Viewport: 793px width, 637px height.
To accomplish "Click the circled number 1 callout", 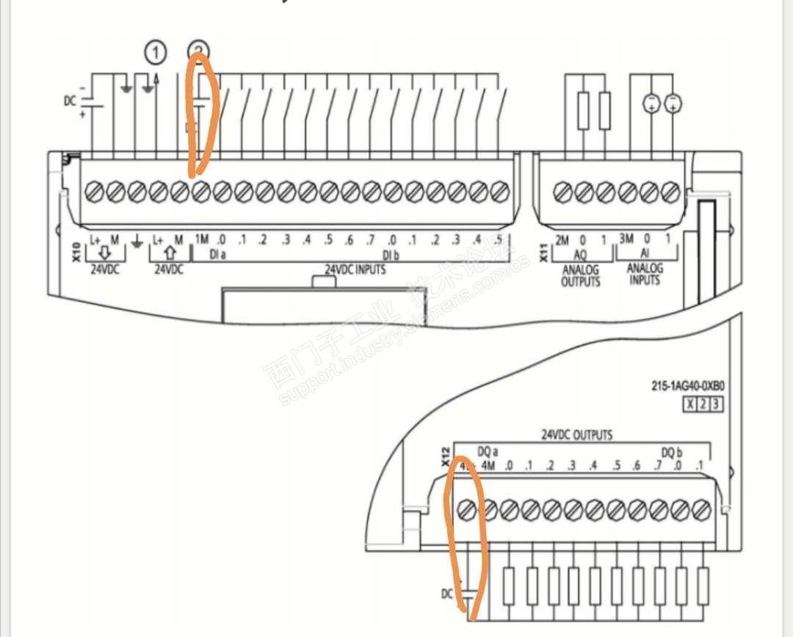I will (155, 53).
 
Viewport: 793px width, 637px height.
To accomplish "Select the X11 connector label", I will (543, 254).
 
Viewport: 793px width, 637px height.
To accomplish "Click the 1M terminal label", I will (202, 239).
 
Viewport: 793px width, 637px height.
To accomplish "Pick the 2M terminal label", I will (562, 239).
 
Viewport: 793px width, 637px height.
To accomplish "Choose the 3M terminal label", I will (626, 239).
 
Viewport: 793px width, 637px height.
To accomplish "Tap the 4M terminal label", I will (488, 466).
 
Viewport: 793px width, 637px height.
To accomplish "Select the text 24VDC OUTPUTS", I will (577, 434).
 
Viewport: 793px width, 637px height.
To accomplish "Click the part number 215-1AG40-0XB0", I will (682, 385).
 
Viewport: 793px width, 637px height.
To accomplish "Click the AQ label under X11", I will (580, 254).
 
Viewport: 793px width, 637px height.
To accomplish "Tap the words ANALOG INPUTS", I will (644, 274).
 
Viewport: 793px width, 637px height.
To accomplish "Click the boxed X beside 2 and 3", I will (689, 404).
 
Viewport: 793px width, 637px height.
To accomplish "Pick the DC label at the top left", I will (69, 101).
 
